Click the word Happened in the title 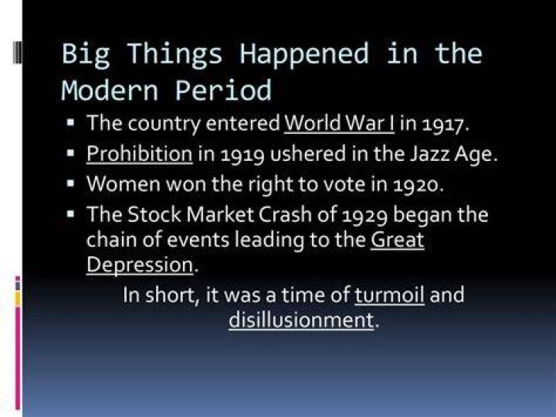pos(304,54)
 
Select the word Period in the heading pos(223,90)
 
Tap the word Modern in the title pos(109,91)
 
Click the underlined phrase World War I pos(339,123)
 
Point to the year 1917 pos(442,124)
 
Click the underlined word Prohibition pos(140,154)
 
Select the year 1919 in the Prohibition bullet pos(242,155)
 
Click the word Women pos(123,184)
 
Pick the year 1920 pos(415,185)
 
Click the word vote pos(345,184)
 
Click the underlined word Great pos(398,240)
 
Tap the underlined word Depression pos(140,265)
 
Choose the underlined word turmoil pos(389,295)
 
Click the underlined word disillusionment pos(301,320)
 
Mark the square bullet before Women pos(70,183)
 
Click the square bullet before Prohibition pos(70,153)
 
